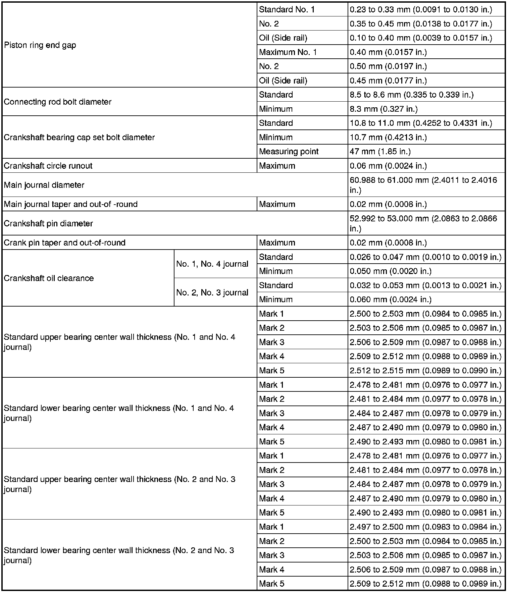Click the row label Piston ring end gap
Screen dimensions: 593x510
(x=40, y=45)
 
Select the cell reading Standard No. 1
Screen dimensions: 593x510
(x=287, y=10)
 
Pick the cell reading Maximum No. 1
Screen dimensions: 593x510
(x=288, y=52)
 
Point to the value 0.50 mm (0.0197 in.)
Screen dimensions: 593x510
(x=388, y=66)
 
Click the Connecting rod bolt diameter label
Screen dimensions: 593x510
(x=58, y=102)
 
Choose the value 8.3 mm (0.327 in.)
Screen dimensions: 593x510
(x=384, y=109)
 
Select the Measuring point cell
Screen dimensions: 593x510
(x=289, y=152)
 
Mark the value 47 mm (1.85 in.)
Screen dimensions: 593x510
(x=380, y=152)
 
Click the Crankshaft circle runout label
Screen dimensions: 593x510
(x=48, y=166)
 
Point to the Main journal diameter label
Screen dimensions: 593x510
(x=44, y=185)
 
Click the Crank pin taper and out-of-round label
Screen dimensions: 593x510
(x=64, y=243)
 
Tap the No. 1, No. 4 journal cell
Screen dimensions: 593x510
(x=212, y=264)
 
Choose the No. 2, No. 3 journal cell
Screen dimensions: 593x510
(x=212, y=292)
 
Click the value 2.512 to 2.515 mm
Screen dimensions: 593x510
(x=425, y=371)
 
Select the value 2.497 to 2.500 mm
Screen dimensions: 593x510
(x=425, y=527)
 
